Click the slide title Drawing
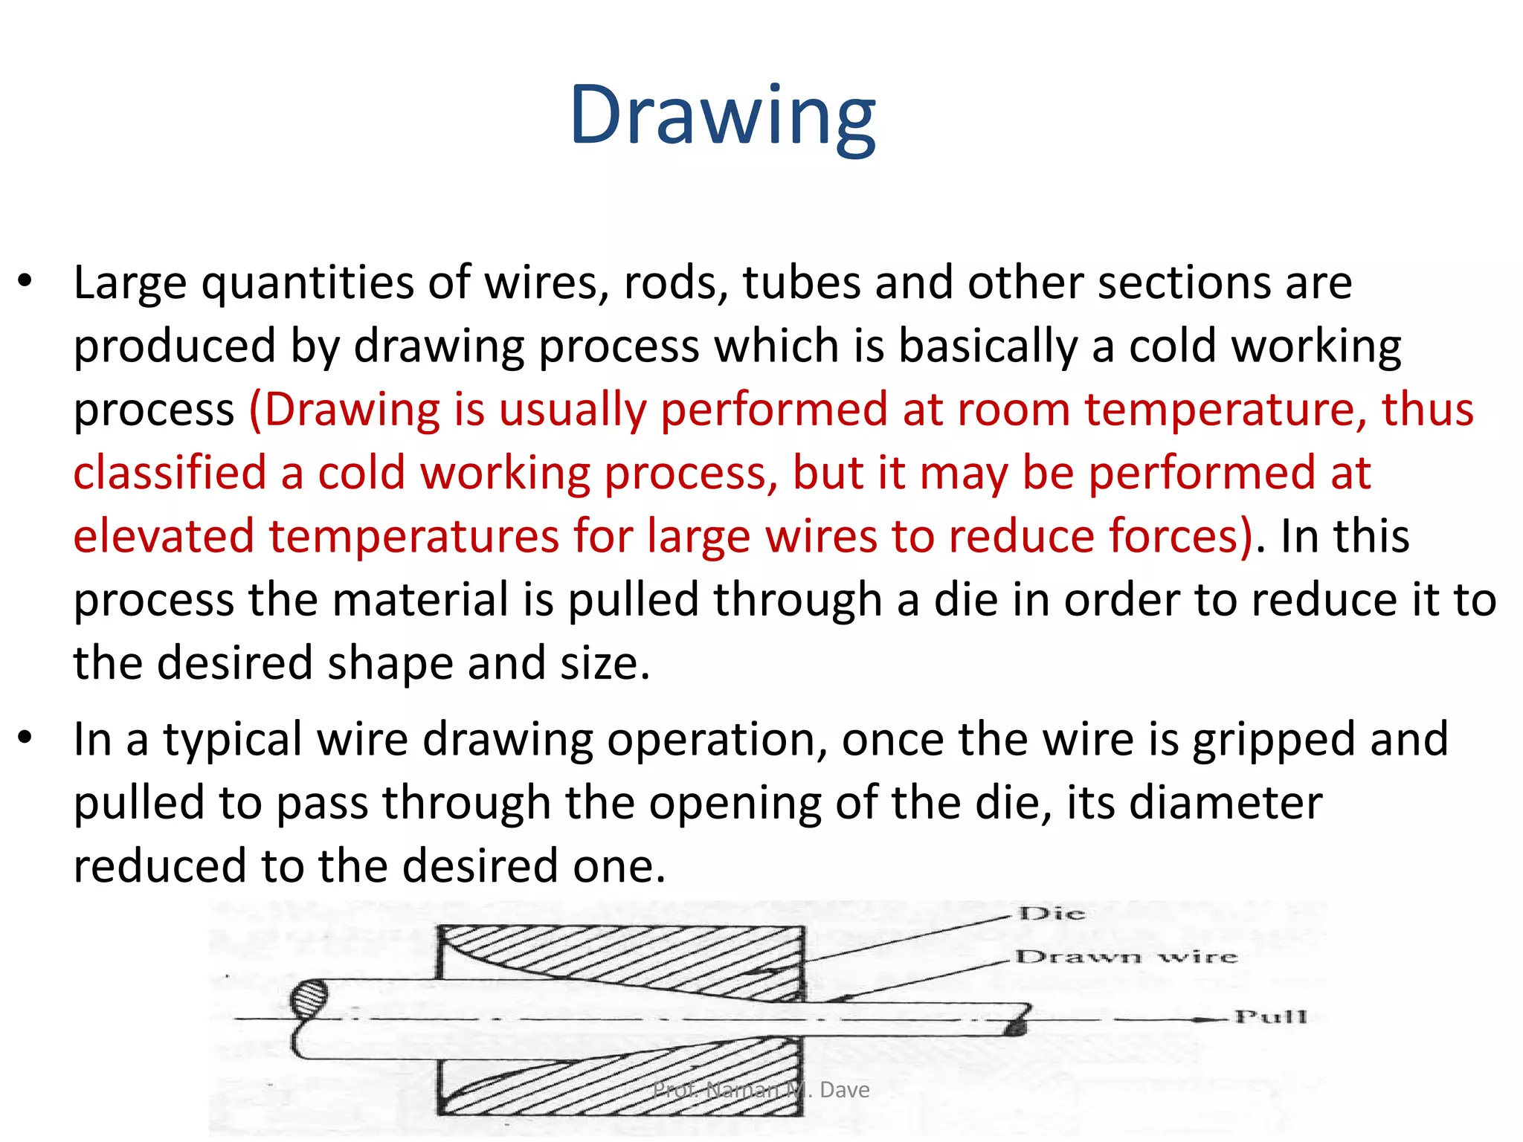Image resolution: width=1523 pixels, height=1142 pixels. coord(722,115)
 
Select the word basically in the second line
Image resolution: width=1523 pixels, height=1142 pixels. coord(988,347)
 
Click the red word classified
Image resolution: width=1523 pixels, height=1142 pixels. coord(170,473)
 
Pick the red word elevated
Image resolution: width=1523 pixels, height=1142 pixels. coord(164,536)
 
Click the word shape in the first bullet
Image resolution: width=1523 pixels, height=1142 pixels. coord(390,664)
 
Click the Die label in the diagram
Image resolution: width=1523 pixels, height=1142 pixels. coord(1052,914)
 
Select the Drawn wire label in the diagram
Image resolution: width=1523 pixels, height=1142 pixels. coord(1126,957)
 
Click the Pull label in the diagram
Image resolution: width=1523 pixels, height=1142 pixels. coord(1270,1016)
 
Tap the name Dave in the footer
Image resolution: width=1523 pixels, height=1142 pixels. coord(844,1090)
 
